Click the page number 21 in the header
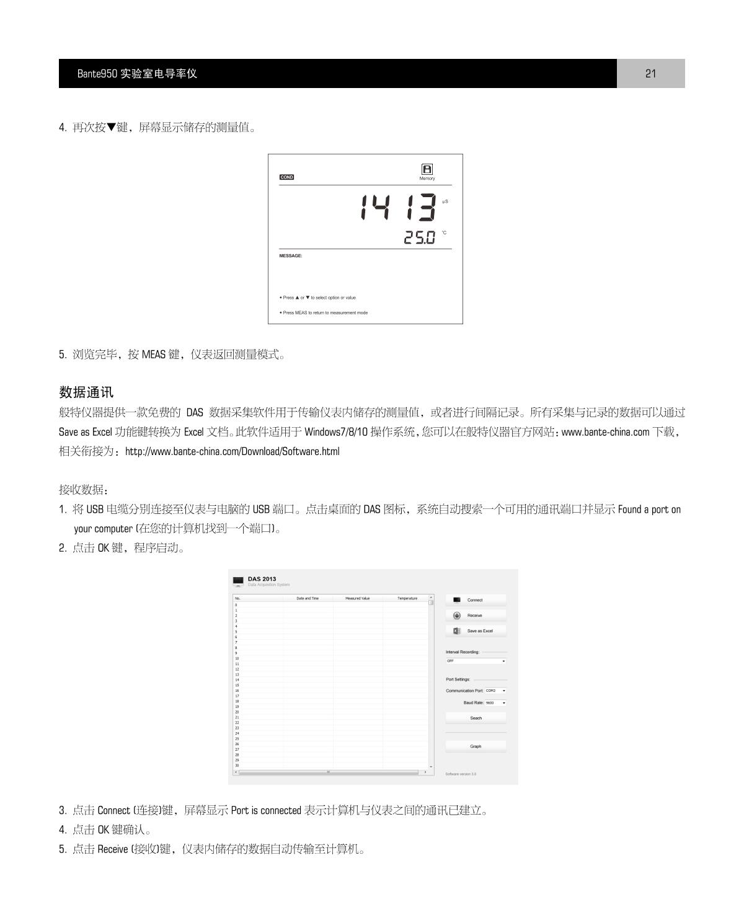(x=650, y=74)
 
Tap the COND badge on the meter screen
(x=286, y=177)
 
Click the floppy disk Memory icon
(x=427, y=169)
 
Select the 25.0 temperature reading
(x=420, y=237)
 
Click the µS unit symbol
(x=445, y=201)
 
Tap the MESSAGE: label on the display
(x=291, y=255)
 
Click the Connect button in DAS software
(x=476, y=600)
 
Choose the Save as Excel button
(x=476, y=630)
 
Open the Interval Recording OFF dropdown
(x=476, y=661)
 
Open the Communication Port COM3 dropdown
(x=495, y=691)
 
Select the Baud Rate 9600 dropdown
(x=495, y=703)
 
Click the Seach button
(x=476, y=718)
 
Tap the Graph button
(x=476, y=746)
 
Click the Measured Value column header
(x=357, y=598)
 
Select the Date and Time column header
(x=308, y=598)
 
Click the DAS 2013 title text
(x=262, y=579)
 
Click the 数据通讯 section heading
(x=86, y=392)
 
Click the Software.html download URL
(x=232, y=451)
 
